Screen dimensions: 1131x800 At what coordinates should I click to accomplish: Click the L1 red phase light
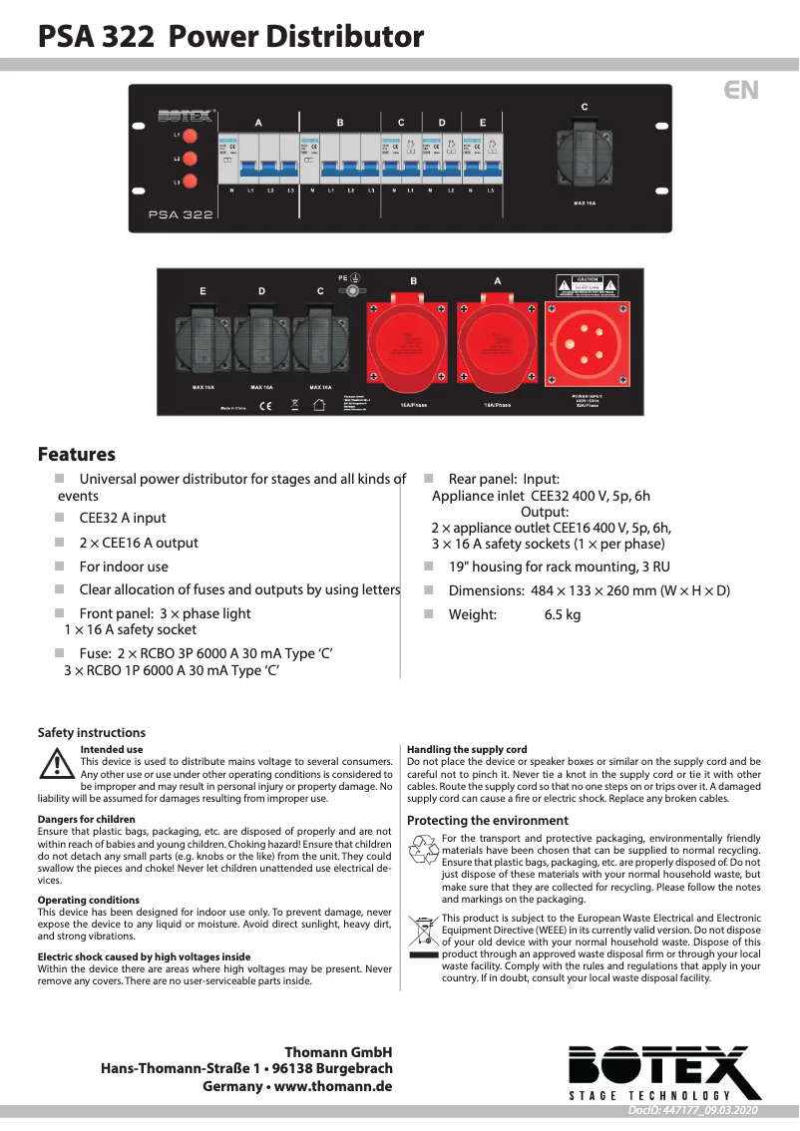(x=191, y=135)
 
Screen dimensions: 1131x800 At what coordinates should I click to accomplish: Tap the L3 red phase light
(x=191, y=182)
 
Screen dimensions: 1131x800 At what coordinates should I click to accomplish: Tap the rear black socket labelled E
(x=202, y=341)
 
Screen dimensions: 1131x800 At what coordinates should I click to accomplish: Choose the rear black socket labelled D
(x=261, y=341)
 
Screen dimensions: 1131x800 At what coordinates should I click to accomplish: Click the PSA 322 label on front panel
(x=181, y=214)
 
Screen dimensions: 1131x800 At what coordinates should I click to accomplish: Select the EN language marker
(x=741, y=91)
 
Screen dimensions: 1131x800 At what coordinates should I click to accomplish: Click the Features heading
(x=77, y=455)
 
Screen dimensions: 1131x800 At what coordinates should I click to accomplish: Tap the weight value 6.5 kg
(x=562, y=615)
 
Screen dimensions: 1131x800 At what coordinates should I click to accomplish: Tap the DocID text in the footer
(x=693, y=1110)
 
